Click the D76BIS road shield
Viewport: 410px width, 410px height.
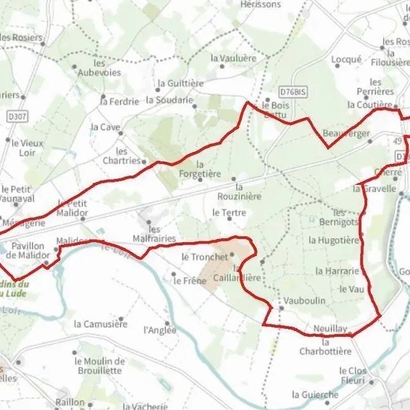pos(293,92)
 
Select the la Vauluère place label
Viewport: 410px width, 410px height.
pos(233,58)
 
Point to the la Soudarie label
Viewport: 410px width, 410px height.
pos(169,100)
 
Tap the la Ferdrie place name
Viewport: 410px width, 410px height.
pos(120,101)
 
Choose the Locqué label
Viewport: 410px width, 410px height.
pos(347,60)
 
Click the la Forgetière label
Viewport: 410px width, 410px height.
pos(199,169)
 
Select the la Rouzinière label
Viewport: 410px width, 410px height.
pos(240,192)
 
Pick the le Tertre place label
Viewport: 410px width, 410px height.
pos(229,212)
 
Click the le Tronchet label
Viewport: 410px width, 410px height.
pos(204,257)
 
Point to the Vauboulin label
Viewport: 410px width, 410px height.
pos(304,300)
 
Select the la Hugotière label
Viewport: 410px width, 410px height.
pos(334,240)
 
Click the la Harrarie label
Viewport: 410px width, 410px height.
pos(338,271)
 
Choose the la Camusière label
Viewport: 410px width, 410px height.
pos(101,324)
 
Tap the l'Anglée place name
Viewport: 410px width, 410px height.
pos(160,330)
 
